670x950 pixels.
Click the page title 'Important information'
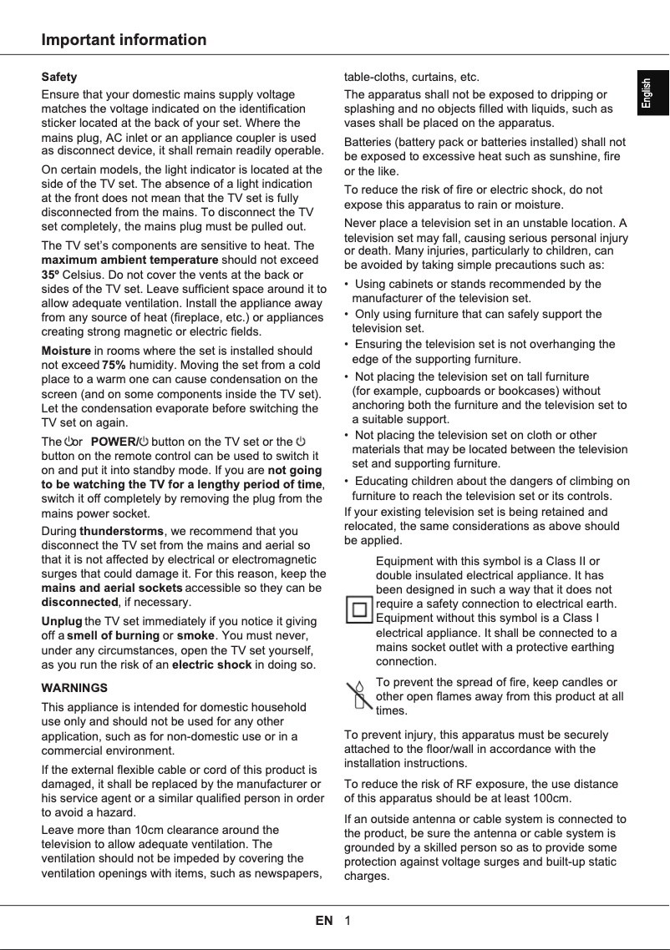[124, 40]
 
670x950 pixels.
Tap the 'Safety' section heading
[59, 77]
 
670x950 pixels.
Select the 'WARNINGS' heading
[74, 688]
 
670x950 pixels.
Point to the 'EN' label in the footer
[324, 921]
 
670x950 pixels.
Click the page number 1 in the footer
[347, 921]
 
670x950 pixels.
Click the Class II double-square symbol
[359, 609]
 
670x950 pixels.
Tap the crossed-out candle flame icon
[359, 695]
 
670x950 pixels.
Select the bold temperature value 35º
[50, 275]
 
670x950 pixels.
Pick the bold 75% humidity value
[114, 365]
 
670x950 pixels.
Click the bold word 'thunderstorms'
[122, 531]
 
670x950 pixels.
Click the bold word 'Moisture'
[65, 351]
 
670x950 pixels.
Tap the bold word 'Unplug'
[62, 621]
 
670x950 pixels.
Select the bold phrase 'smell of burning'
[113, 635]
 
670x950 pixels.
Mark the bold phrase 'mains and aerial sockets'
[112, 588]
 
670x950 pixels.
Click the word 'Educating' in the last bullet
[382, 481]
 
